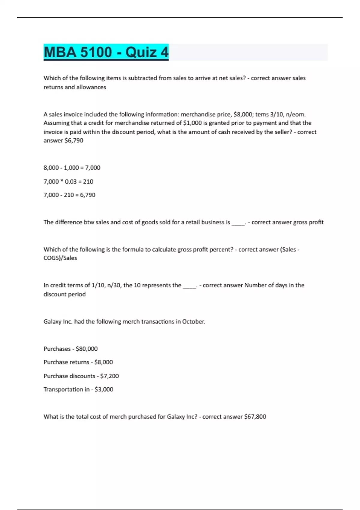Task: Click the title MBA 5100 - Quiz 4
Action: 106,52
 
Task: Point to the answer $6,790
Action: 74,140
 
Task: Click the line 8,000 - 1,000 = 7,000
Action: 72,168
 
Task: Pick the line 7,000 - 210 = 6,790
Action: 69,195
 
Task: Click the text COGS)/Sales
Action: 60,258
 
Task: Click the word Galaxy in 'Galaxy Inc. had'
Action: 52,322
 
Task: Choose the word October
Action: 193,322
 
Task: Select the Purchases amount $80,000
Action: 87,349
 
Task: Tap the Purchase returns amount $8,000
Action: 103,362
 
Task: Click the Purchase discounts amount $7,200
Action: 109,376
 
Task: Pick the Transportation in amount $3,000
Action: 104,389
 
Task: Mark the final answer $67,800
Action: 255,417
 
